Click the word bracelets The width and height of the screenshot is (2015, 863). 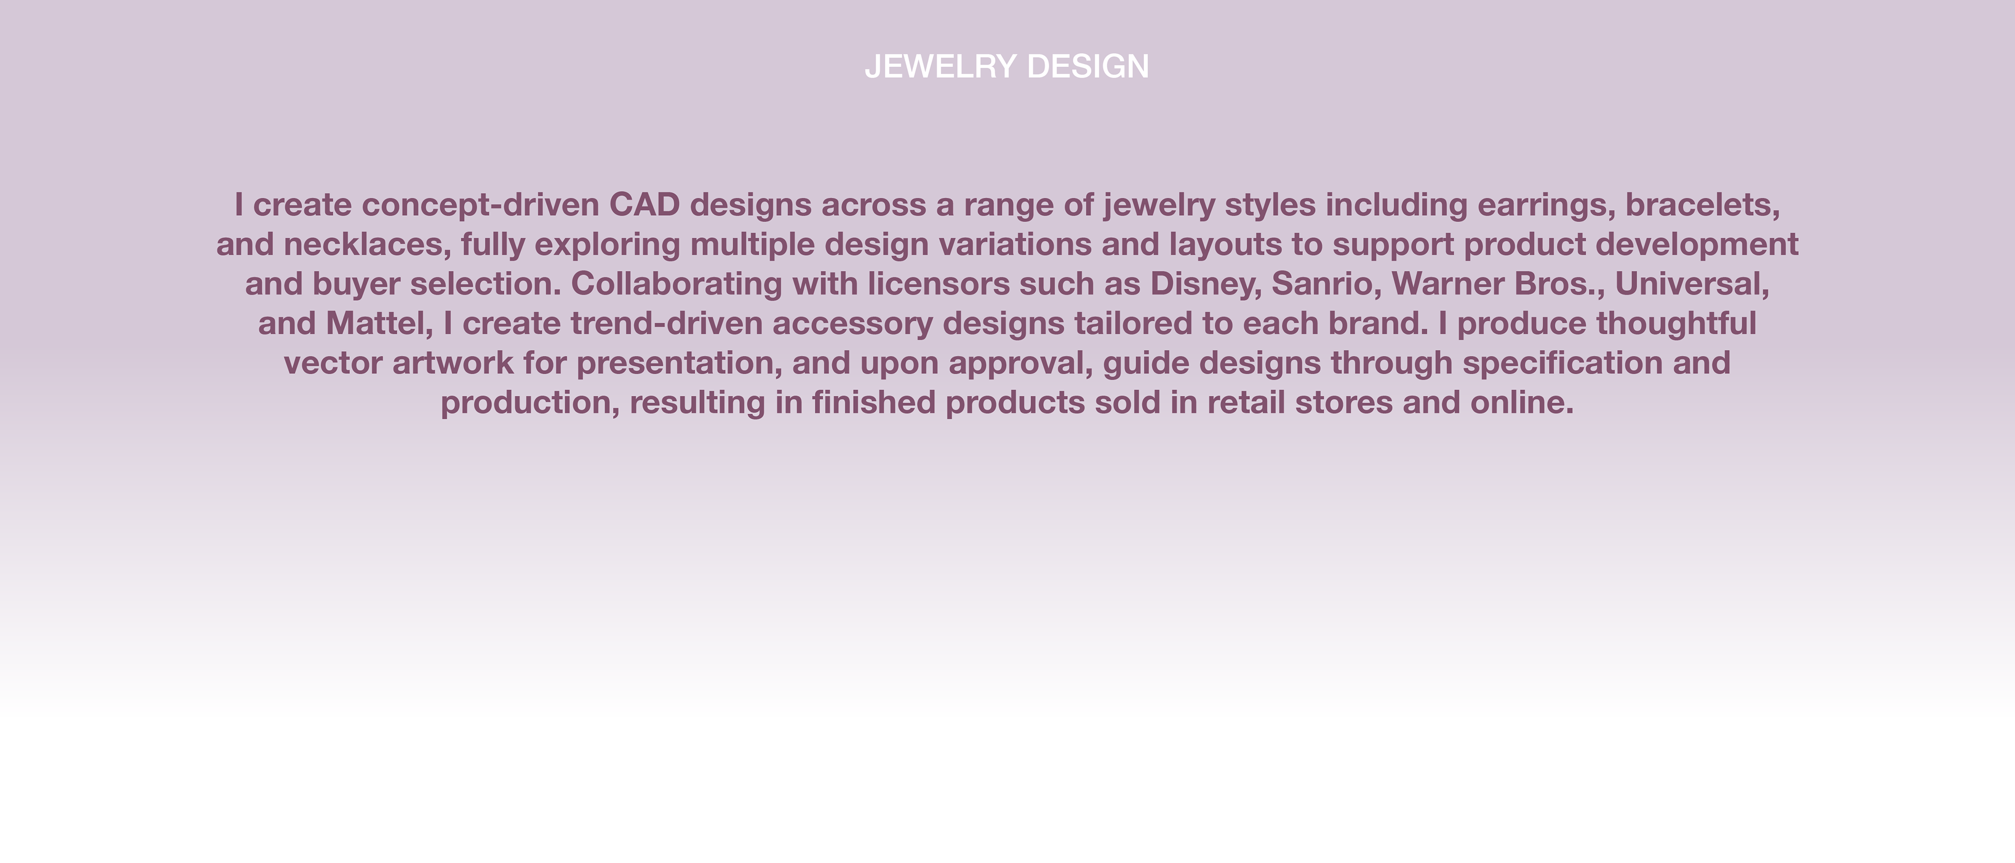[1703, 205]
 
